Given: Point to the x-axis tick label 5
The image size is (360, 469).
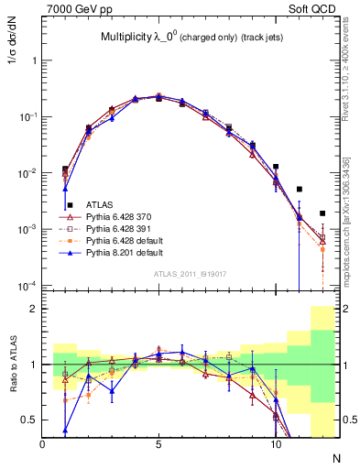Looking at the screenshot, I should click(x=159, y=444).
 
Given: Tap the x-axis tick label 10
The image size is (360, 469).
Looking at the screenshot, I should click(x=276, y=444).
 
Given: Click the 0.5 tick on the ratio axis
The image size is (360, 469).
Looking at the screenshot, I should click(x=30, y=420).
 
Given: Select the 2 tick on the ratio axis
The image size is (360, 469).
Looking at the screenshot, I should click(x=34, y=309).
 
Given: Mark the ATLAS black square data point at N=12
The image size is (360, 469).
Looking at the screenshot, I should click(x=322, y=213).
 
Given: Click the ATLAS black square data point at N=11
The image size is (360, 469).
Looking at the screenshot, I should click(x=300, y=190).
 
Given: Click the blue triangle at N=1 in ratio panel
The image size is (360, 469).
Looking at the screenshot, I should click(x=65, y=429).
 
